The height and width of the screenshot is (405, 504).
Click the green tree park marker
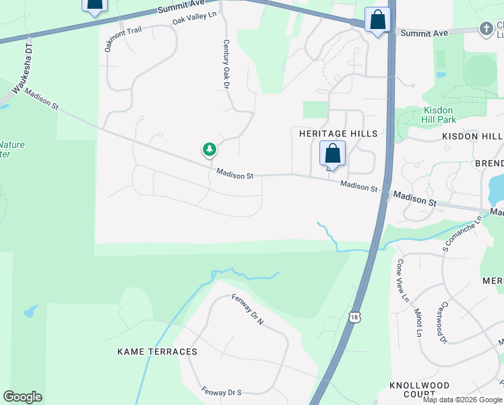210,149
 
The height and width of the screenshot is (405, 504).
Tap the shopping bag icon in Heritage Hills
332,153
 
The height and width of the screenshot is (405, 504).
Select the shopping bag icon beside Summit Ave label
377,20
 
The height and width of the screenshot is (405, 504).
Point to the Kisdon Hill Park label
439,115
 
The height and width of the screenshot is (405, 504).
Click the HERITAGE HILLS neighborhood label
338,134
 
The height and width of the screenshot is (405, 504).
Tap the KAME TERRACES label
157,352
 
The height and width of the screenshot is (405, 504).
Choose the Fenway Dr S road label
221,391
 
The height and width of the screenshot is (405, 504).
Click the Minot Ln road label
418,323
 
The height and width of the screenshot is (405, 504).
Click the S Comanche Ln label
464,232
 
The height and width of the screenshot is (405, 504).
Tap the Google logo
22,397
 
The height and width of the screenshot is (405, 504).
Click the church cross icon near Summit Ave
486,29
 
